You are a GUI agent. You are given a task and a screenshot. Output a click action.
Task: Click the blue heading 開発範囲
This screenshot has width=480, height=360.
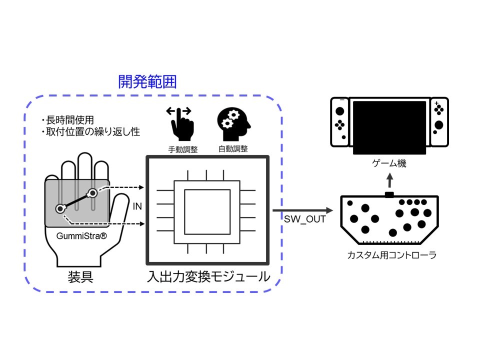pos(147,82)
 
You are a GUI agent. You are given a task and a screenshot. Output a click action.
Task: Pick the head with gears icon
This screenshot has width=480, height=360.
pos(232,123)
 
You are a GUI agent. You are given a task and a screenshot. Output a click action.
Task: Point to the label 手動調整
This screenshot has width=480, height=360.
pos(181,148)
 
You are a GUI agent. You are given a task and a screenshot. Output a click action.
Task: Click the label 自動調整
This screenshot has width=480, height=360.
pos(233,148)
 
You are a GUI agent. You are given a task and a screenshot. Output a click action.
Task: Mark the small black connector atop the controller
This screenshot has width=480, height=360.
pos(389,194)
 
